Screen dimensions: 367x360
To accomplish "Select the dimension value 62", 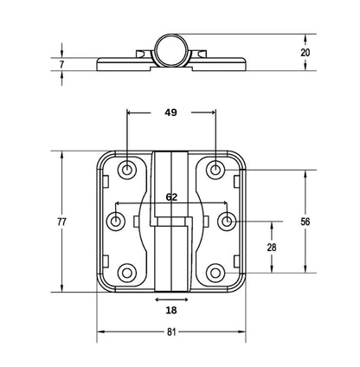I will (x=171, y=196).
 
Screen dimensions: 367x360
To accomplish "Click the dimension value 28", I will (x=272, y=248).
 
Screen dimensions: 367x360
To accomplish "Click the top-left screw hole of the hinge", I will (x=127, y=170).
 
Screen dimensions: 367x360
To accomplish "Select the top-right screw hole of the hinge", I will (x=215, y=170).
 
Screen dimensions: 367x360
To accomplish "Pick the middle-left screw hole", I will (x=116, y=222).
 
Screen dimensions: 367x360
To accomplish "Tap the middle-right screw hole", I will (x=227, y=222).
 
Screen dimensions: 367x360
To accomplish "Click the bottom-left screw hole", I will (x=127, y=274).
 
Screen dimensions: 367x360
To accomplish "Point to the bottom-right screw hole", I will (x=215, y=274).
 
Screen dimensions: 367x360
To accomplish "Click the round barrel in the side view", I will (x=171, y=49).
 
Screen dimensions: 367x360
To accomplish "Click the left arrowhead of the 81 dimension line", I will (x=100, y=332).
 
